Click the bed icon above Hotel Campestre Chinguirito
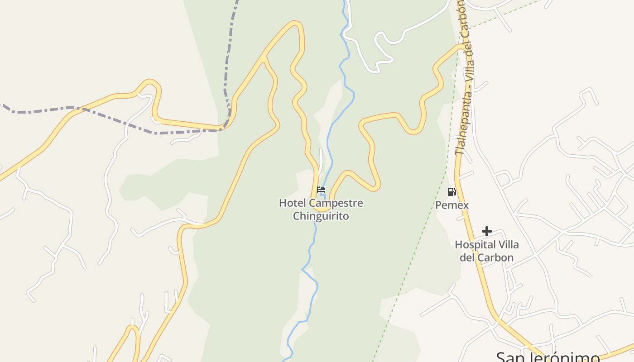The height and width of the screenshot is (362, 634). tap(321, 190)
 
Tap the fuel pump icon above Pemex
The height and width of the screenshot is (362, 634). tap(451, 192)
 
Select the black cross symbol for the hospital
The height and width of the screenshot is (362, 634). tap(486, 231)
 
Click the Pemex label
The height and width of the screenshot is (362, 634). tap(451, 205)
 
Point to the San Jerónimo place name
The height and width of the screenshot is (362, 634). tap(548, 357)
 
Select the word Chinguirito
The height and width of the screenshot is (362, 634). tap(321, 216)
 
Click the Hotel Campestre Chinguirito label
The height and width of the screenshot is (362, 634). tap(321, 209)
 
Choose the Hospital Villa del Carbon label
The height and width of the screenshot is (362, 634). tap(486, 251)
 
